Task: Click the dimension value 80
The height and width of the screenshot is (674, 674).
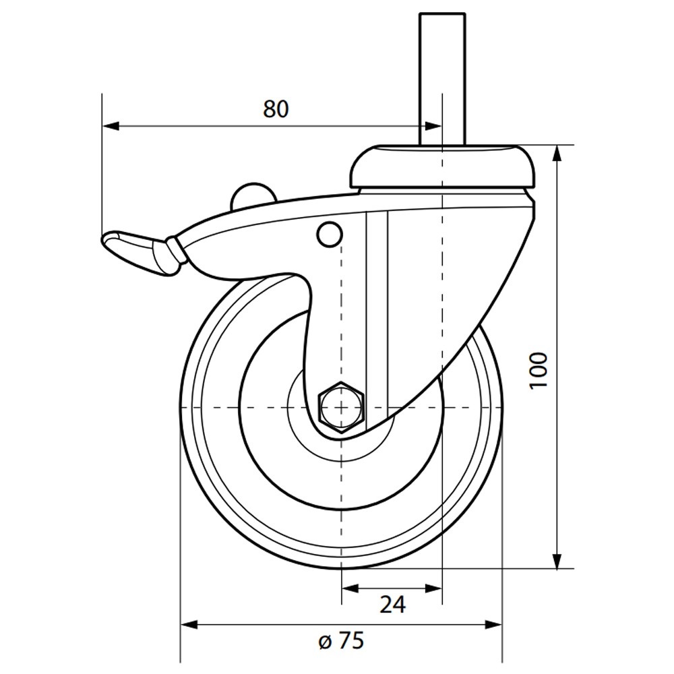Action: [276, 109]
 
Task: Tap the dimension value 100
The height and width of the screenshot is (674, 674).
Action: [539, 371]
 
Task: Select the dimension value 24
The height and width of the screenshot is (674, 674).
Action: [392, 605]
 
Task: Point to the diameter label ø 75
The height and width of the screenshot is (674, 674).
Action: [341, 641]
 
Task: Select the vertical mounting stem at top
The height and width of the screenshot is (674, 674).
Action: [443, 79]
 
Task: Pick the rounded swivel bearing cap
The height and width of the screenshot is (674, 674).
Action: [443, 166]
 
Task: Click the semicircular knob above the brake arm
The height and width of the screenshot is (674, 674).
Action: [252, 195]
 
